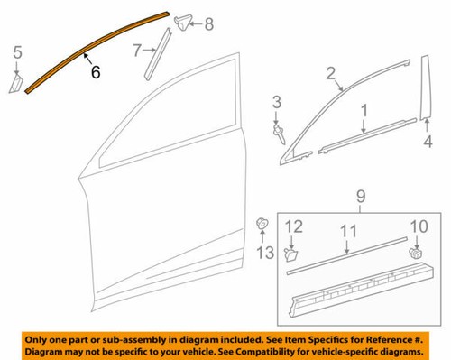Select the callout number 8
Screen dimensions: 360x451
tap(209, 24)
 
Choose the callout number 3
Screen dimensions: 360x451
tap(278, 100)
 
